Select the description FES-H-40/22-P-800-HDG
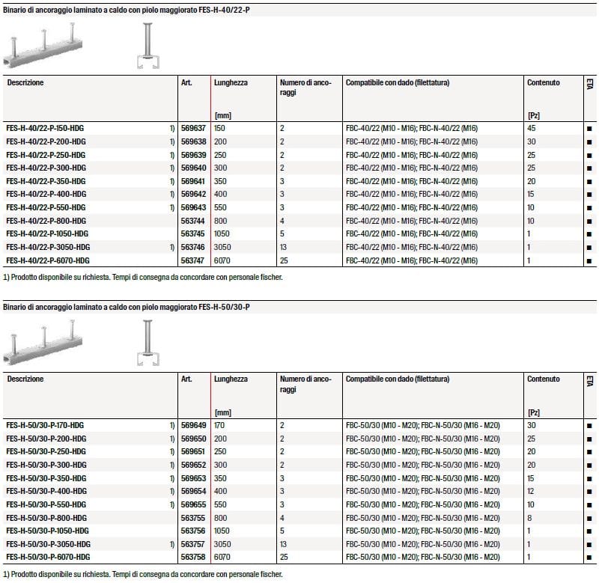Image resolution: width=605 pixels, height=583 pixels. point(46,220)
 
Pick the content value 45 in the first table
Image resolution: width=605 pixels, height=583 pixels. point(532,129)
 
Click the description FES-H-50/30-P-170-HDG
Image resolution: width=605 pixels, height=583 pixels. point(46,425)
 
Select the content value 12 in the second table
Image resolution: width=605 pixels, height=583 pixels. point(532,491)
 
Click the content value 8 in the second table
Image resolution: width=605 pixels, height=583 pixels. point(530,517)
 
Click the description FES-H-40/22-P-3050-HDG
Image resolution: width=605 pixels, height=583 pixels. point(48,246)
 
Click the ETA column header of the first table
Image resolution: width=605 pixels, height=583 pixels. point(589,85)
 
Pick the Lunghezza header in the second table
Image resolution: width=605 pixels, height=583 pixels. point(231,379)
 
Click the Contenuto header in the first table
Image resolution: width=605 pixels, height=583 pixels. point(543,82)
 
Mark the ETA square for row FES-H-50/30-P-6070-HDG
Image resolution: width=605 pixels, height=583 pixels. point(589,558)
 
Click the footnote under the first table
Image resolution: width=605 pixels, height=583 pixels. point(144,277)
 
